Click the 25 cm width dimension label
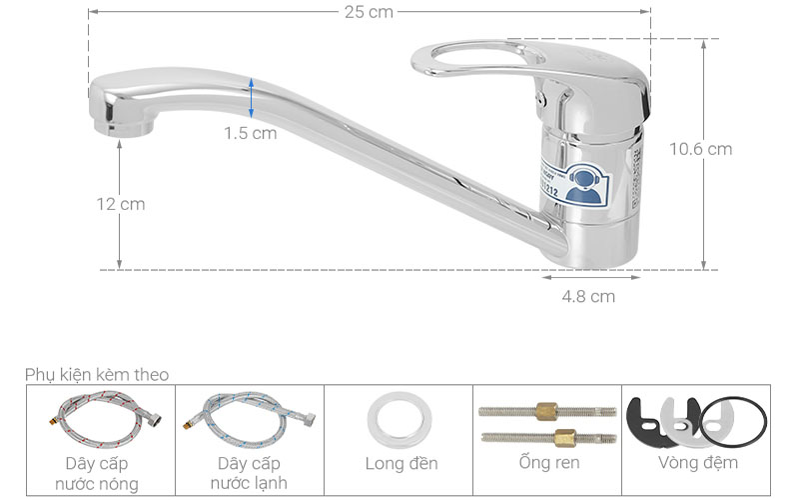click(x=370, y=12)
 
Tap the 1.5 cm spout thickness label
click(x=250, y=133)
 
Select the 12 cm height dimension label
click(x=120, y=204)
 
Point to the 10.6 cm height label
click(x=700, y=149)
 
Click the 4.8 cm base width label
click(x=588, y=296)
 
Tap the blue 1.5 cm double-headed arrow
click(x=251, y=99)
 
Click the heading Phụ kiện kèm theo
click(x=97, y=374)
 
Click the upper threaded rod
click(x=547, y=410)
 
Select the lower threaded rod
click(x=547, y=436)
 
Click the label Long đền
click(x=399, y=464)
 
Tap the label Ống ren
click(x=547, y=463)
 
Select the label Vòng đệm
click(x=697, y=463)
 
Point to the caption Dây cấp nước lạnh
click(x=250, y=474)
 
